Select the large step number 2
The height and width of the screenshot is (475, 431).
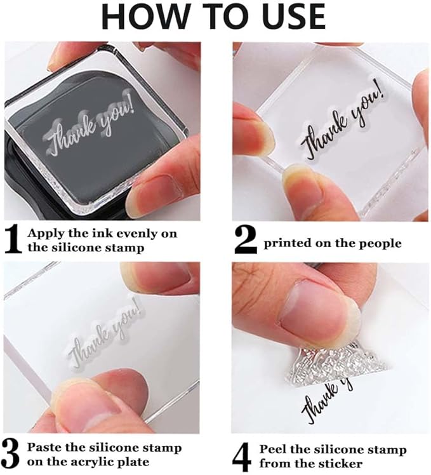245,240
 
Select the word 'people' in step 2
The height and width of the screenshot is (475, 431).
380,243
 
